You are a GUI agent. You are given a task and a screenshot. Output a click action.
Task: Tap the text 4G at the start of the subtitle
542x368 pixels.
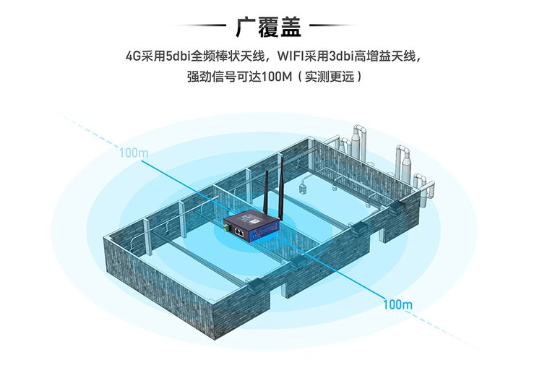pyautogui.click(x=133, y=56)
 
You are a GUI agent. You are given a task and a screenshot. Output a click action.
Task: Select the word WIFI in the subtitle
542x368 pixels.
pyautogui.click(x=290, y=56)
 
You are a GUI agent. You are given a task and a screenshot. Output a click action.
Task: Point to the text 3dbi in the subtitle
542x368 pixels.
pyautogui.click(x=340, y=56)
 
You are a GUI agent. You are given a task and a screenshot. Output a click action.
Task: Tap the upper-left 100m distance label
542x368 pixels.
pyautogui.click(x=134, y=153)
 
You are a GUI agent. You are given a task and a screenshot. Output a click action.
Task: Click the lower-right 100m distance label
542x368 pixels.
pyautogui.click(x=397, y=304)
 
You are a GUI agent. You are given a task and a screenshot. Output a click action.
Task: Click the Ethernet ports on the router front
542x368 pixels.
pyautogui.click(x=238, y=231)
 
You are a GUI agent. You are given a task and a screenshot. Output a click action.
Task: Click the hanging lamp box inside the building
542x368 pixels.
pyautogui.click(x=303, y=189)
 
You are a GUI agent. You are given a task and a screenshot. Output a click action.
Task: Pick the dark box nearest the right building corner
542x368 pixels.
pyautogui.click(x=396, y=208)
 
